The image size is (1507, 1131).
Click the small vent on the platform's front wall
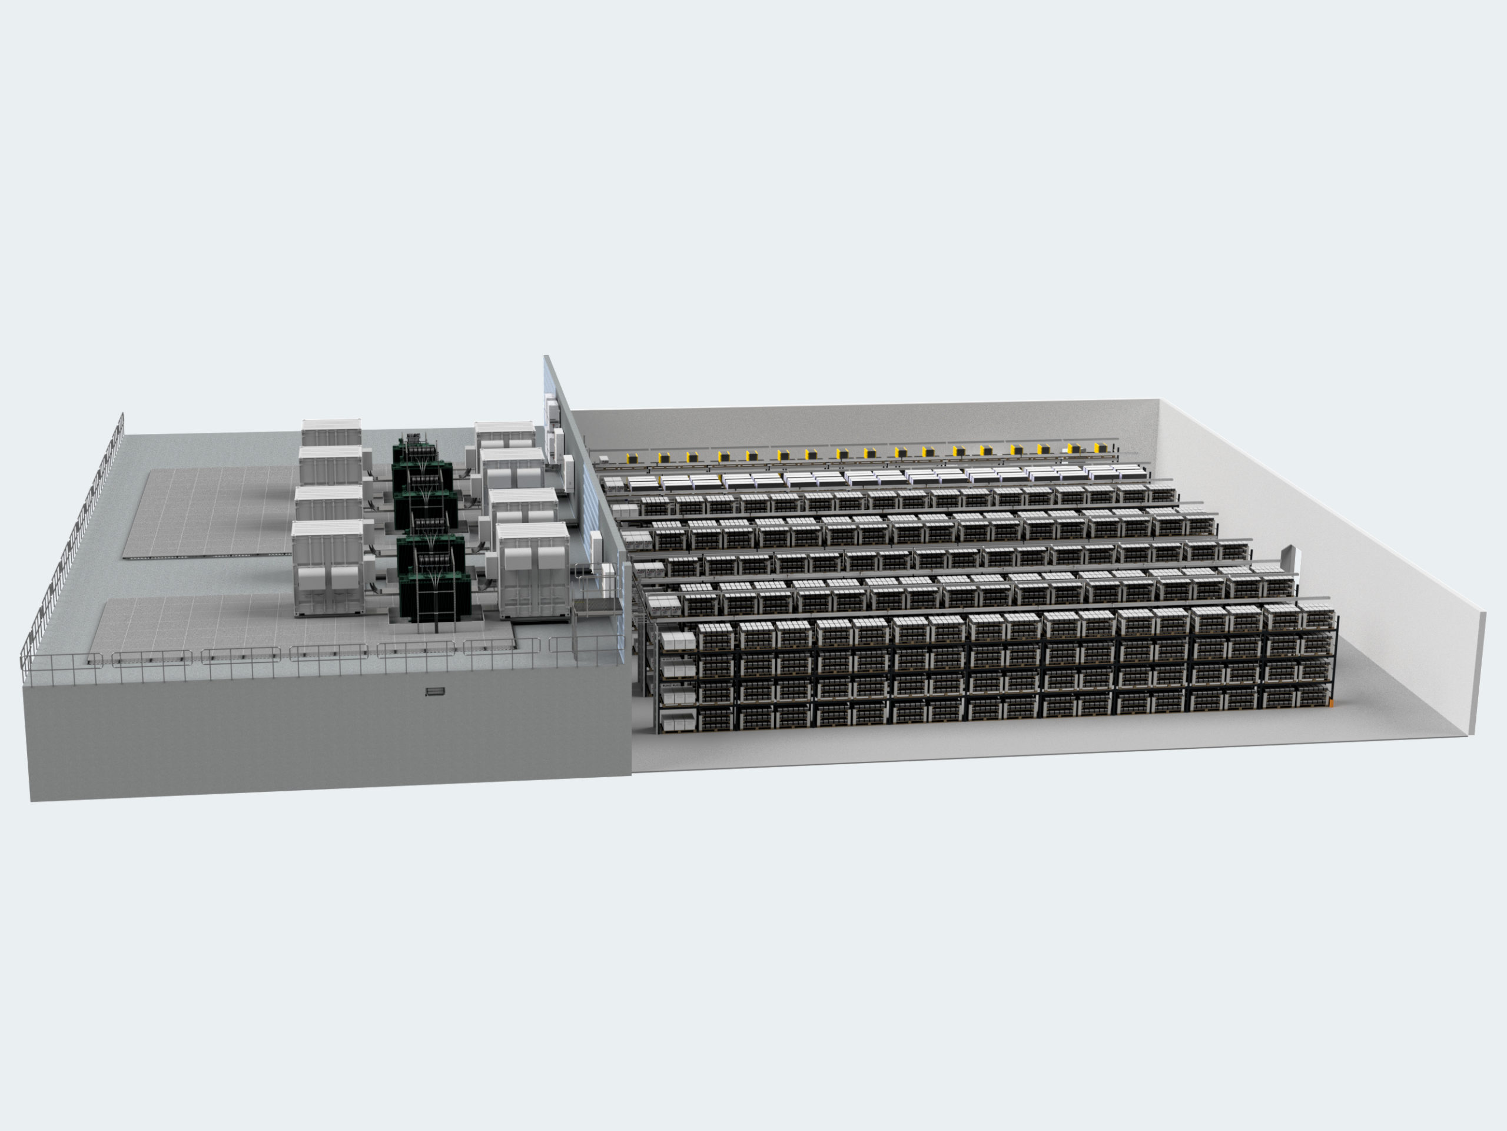tap(434, 692)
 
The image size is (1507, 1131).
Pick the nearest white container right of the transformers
tap(533, 572)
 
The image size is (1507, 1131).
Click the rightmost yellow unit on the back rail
tap(1099, 447)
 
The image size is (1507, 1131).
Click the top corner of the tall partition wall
tap(545, 357)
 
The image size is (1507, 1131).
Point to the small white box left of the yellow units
tap(603, 459)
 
